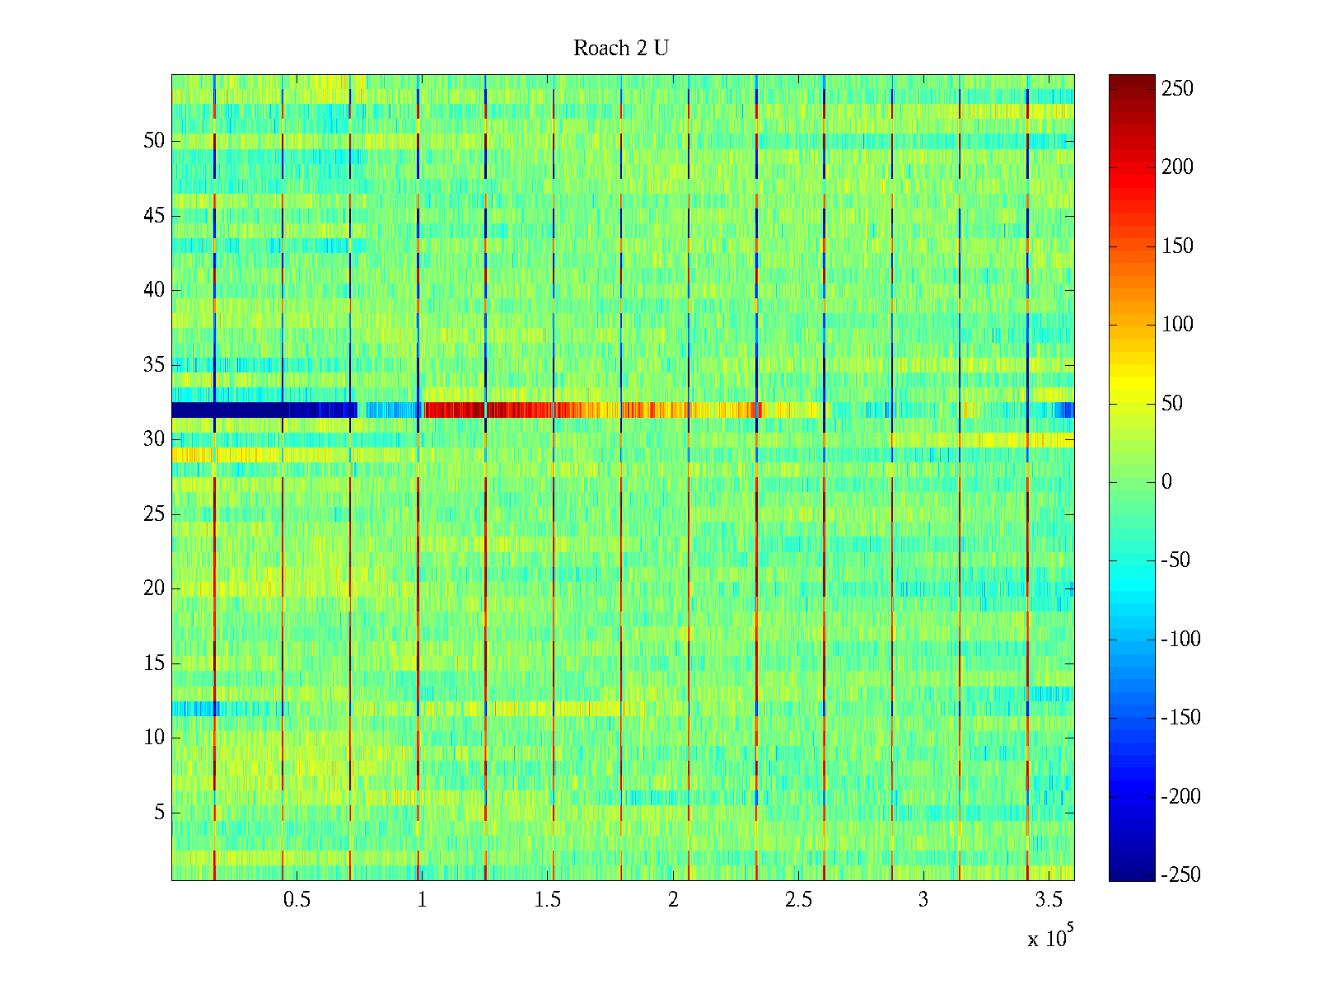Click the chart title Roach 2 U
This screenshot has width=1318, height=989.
click(x=621, y=49)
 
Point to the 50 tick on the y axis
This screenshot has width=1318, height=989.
click(x=154, y=141)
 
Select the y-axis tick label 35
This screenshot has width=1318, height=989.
click(x=154, y=365)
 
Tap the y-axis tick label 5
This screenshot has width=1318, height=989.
click(x=159, y=813)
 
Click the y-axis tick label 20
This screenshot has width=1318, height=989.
click(x=154, y=588)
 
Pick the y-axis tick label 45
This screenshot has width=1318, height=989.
click(x=154, y=216)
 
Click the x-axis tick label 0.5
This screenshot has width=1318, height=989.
click(x=297, y=900)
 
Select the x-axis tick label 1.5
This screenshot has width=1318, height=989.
click(x=548, y=900)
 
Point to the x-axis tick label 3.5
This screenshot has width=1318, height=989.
click(x=1049, y=900)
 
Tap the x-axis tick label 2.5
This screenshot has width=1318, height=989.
click(x=798, y=900)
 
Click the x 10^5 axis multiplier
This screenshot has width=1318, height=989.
click(x=1050, y=937)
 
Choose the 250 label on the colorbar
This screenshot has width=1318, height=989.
click(x=1177, y=89)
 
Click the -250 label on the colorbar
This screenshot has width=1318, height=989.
click(x=1180, y=875)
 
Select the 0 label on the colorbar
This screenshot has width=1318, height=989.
click(x=1166, y=482)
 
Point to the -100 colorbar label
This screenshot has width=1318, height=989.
click(x=1180, y=640)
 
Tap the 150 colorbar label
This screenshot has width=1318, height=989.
click(x=1177, y=246)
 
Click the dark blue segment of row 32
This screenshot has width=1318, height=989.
click(x=264, y=410)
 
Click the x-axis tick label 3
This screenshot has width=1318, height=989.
click(x=923, y=900)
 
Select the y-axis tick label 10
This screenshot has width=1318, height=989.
click(x=154, y=738)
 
